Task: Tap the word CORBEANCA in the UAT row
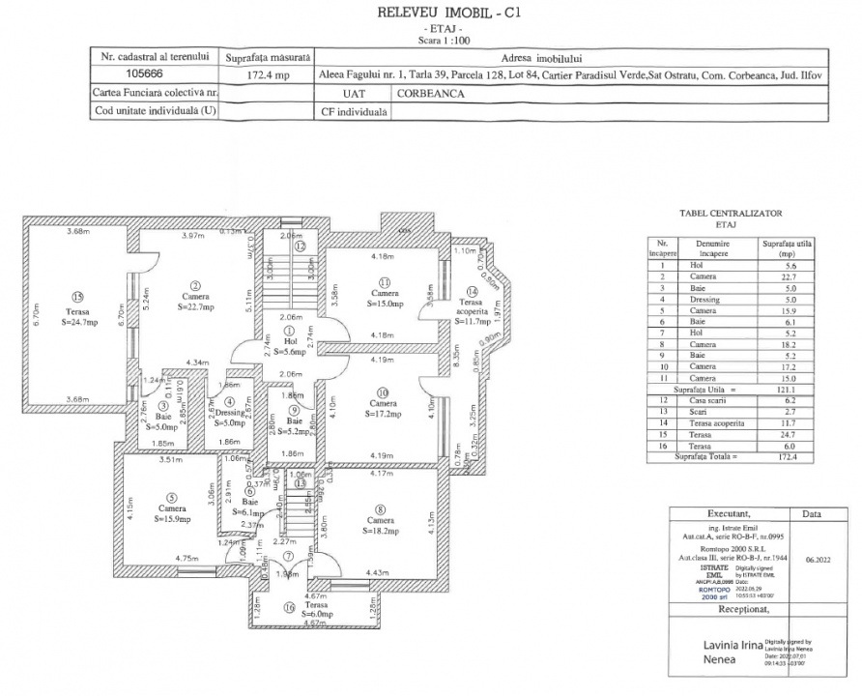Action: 431,94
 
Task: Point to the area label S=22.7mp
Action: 195,307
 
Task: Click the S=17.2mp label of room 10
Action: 384,414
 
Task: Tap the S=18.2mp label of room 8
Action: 381,531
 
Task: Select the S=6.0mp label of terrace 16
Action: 291,614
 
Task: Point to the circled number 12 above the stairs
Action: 301,246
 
